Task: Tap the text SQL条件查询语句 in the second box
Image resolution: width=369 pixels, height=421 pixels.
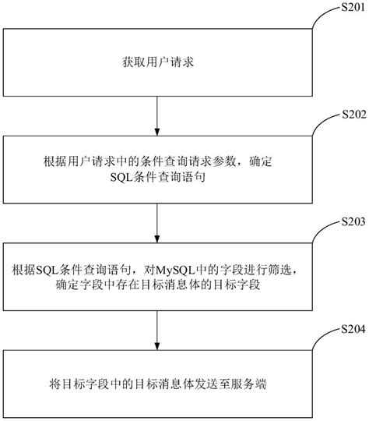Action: click(158, 178)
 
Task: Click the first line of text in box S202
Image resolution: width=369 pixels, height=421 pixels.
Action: click(158, 162)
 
